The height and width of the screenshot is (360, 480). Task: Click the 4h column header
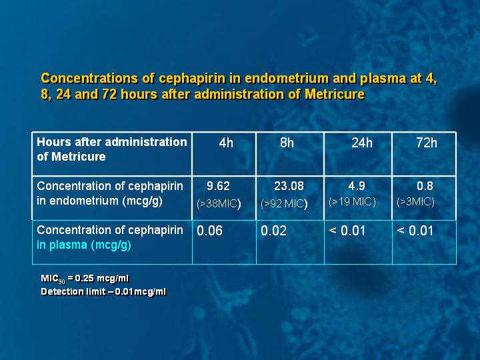[226, 143]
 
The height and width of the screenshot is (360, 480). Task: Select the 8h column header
[287, 143]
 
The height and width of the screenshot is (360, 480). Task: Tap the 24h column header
[362, 143]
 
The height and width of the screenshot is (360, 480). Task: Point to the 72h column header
[427, 143]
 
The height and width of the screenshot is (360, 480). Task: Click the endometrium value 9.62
[218, 186]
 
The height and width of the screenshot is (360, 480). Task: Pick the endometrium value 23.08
[289, 186]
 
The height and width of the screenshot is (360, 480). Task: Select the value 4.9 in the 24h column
[357, 186]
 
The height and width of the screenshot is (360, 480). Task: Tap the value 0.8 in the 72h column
[425, 186]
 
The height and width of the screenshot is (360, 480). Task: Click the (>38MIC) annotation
[219, 203]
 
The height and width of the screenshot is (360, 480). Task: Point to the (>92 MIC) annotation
[284, 203]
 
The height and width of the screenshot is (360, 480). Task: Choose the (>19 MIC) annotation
[352, 202]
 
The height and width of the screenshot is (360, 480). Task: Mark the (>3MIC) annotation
[415, 202]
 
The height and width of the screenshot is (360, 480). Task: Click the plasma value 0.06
[209, 231]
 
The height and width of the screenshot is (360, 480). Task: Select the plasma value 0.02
[273, 231]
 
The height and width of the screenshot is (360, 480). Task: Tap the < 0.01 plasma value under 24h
[347, 231]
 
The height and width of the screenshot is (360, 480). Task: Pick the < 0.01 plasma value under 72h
[415, 231]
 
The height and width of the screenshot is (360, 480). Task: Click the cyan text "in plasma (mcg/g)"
[84, 245]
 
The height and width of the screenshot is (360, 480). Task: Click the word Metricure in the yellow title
[335, 94]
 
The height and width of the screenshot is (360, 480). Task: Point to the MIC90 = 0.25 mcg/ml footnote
[85, 279]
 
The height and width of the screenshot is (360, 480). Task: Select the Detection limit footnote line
[103, 291]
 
